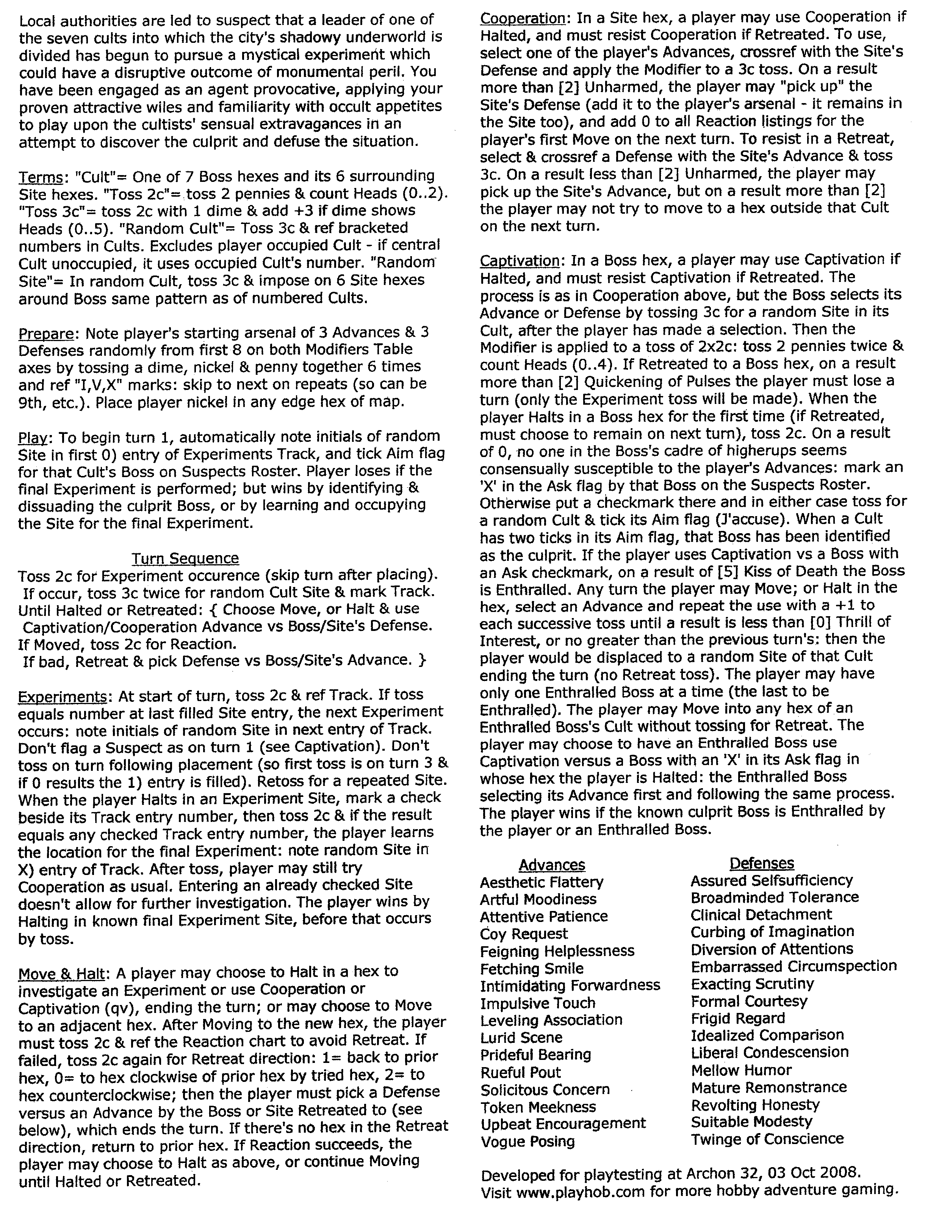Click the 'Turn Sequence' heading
click(185, 558)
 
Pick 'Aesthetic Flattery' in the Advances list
click(541, 883)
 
